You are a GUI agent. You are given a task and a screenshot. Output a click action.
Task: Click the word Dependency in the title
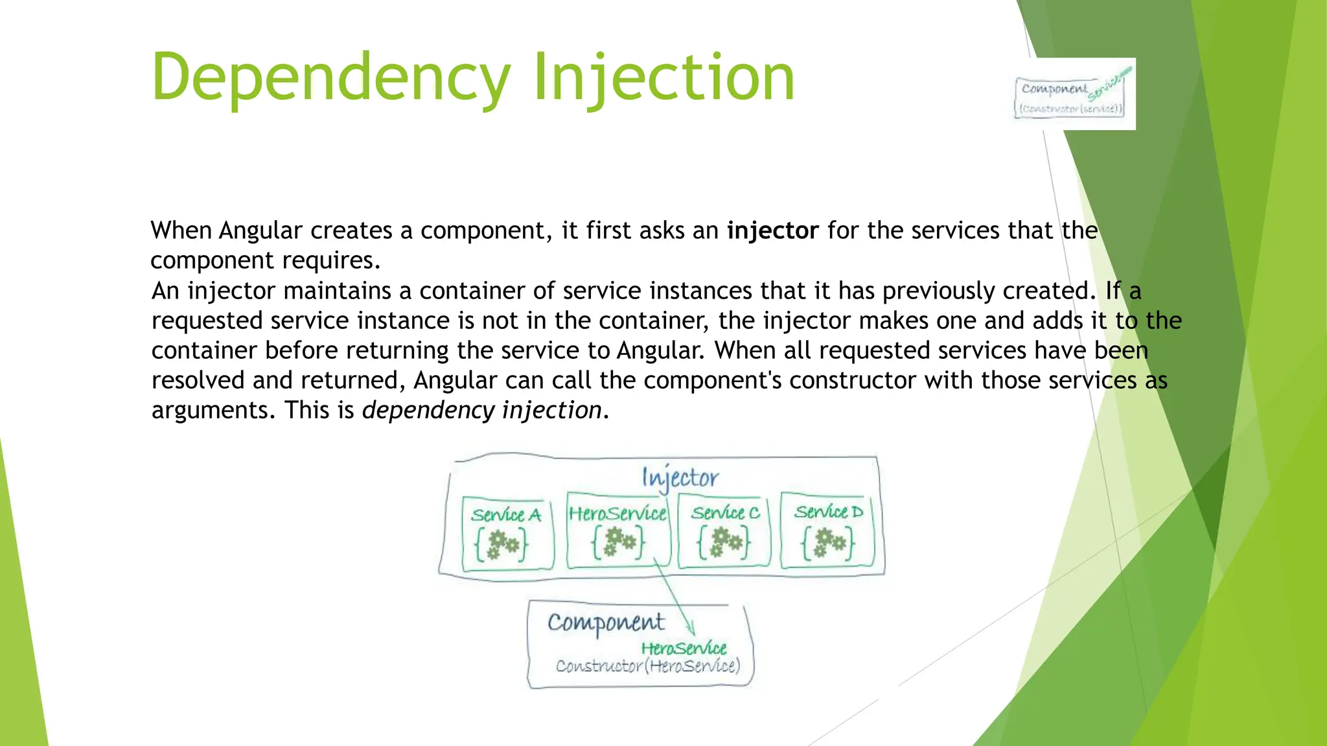(x=330, y=78)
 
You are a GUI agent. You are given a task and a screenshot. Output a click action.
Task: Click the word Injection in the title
(x=663, y=78)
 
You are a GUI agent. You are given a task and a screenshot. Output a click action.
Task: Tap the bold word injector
(x=772, y=231)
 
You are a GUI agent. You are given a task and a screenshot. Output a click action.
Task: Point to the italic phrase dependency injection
(x=481, y=411)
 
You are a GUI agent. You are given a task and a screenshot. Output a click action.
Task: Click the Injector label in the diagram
(x=680, y=478)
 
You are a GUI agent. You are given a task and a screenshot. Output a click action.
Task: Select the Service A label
(x=506, y=515)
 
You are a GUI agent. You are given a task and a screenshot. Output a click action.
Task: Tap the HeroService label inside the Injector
(x=617, y=514)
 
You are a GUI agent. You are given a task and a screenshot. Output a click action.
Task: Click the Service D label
(x=828, y=512)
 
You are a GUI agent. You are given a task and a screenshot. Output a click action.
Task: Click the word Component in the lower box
(x=606, y=623)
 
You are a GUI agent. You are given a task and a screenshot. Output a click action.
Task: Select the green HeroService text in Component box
(x=684, y=648)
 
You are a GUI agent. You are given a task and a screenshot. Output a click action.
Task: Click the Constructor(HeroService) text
(x=647, y=666)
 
